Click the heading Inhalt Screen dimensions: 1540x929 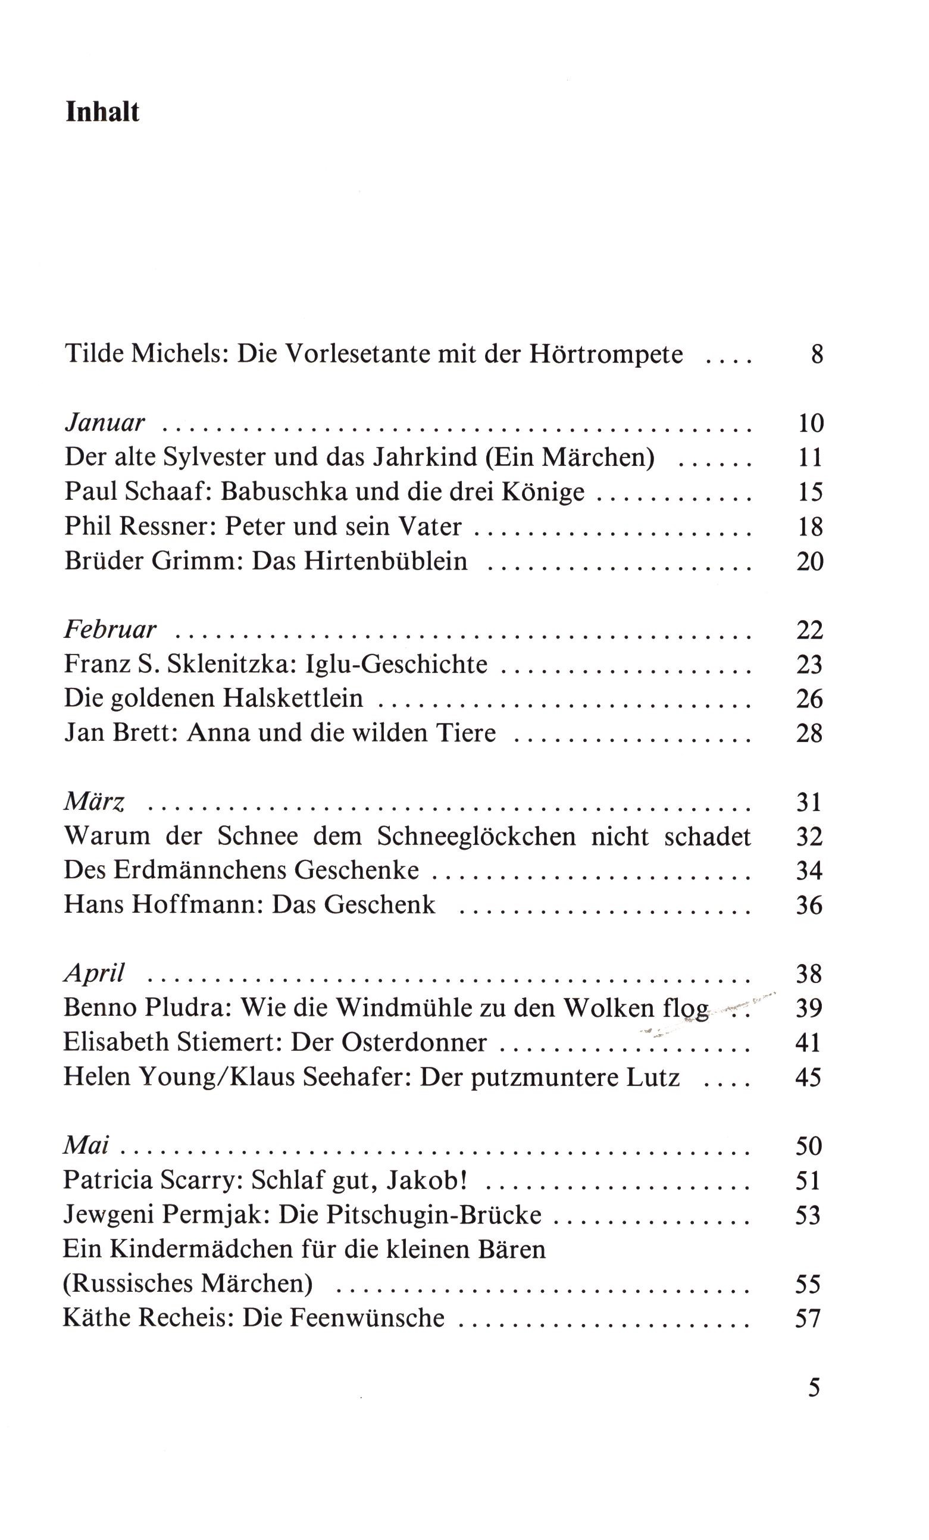coord(102,112)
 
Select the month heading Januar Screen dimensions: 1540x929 coord(104,423)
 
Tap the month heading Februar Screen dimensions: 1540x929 coord(110,629)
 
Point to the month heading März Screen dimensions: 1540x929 coord(95,802)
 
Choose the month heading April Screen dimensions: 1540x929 coord(95,973)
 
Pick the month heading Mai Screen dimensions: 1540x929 coord(86,1145)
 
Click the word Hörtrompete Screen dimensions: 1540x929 coord(606,355)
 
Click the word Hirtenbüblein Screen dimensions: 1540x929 coord(385,561)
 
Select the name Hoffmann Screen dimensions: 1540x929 coord(197,905)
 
